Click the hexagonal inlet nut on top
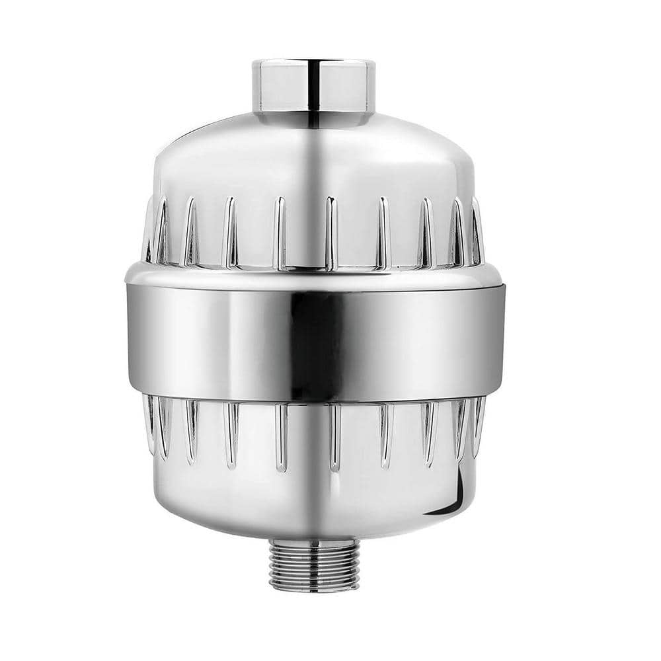[313, 89]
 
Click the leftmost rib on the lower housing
[149, 423]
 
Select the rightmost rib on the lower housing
[477, 423]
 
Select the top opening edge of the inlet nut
[313, 63]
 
